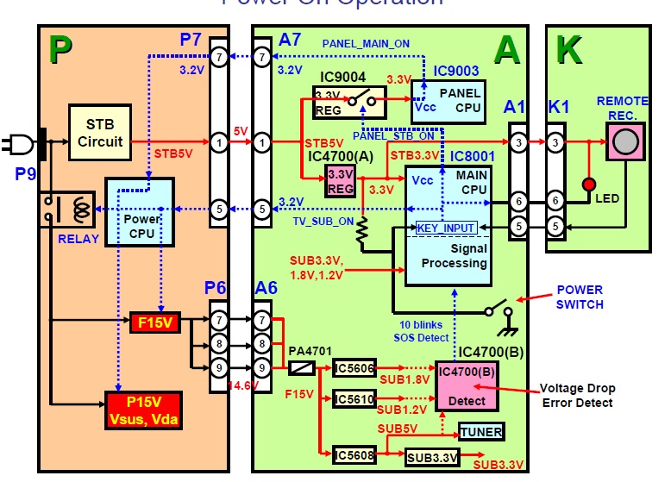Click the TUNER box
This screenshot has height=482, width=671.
(480, 431)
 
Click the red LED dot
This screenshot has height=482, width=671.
(589, 185)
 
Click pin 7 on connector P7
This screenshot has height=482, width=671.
(220, 58)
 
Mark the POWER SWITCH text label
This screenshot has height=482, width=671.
(580, 297)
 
